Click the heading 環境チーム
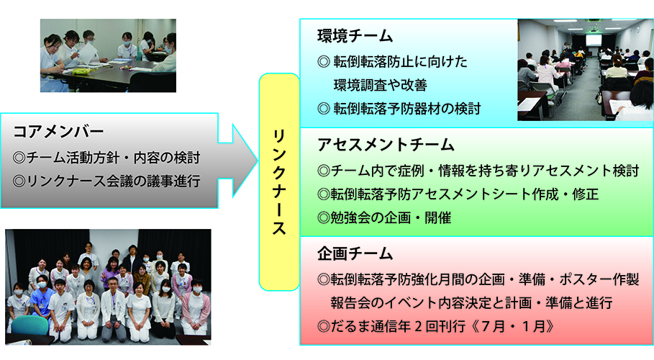point(355,36)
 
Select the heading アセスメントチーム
point(386,145)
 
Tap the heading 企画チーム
point(355,253)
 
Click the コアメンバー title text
point(58,132)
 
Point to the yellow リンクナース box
point(279,181)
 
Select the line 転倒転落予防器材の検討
point(399,109)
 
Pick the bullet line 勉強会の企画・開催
point(384,217)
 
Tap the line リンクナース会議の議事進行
point(106,181)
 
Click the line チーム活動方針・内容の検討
point(106,158)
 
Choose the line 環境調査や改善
point(380,85)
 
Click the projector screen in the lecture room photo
point(593,40)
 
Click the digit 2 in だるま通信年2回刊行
point(418,326)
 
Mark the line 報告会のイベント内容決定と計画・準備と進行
point(471,302)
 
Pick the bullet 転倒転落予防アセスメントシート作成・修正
point(458,194)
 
